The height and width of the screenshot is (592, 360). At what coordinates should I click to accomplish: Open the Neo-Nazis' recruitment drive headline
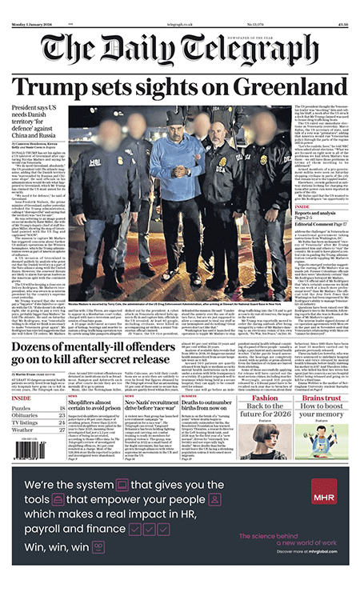[x=147, y=405]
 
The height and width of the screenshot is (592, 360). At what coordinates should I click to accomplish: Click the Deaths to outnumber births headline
[x=213, y=405]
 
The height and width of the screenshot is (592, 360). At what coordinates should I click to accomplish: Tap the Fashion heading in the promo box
[x=265, y=398]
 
